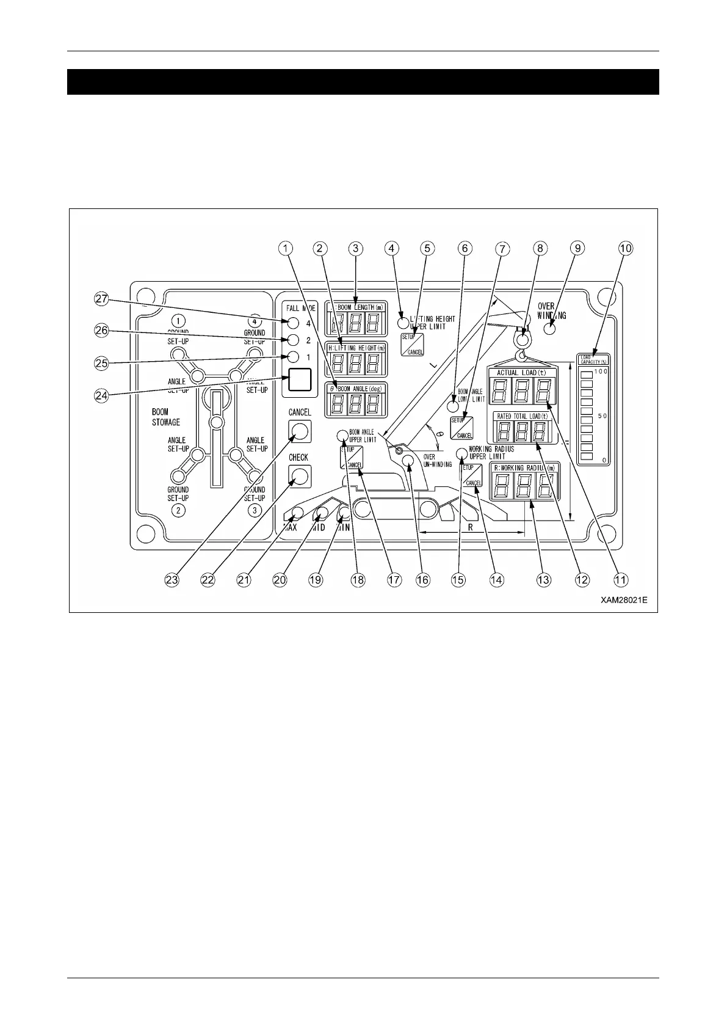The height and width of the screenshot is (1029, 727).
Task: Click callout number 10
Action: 626,248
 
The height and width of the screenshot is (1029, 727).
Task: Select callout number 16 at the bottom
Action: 422,579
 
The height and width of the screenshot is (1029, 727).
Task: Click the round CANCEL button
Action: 299,431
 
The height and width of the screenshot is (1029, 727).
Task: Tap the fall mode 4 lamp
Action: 294,323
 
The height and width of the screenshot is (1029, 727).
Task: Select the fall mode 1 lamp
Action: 294,357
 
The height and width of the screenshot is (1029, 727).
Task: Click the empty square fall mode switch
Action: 300,379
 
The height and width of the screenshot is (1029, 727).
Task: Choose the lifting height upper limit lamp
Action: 403,322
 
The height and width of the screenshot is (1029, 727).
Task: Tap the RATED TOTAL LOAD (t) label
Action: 523,416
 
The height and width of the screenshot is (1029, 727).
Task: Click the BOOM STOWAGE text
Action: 166,417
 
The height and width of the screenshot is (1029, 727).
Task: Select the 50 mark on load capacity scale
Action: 602,416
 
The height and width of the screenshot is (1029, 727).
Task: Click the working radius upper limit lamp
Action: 462,453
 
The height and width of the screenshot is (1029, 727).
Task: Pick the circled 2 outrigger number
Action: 178,511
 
